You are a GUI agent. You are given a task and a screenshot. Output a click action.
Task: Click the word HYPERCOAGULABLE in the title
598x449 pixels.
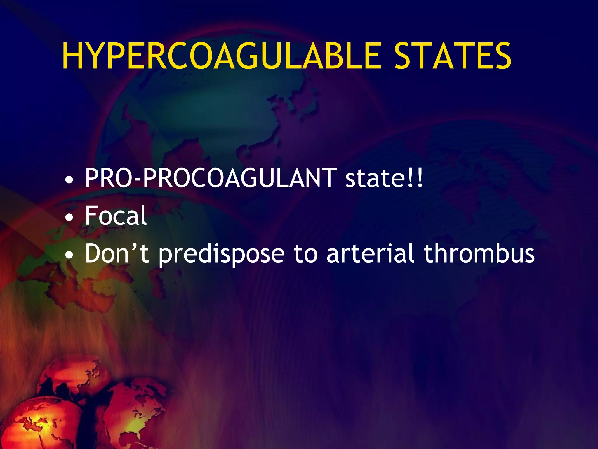coord(222,56)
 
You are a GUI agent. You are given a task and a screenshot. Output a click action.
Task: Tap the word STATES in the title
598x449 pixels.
coord(453,56)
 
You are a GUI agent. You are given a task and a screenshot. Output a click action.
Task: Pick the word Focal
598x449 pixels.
coord(116,215)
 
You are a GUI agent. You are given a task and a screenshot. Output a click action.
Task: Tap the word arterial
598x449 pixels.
coord(370,253)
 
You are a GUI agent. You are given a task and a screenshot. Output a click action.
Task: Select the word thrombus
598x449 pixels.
coord(479,253)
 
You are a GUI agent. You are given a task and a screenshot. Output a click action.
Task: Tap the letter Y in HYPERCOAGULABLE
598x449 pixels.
coord(97,56)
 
